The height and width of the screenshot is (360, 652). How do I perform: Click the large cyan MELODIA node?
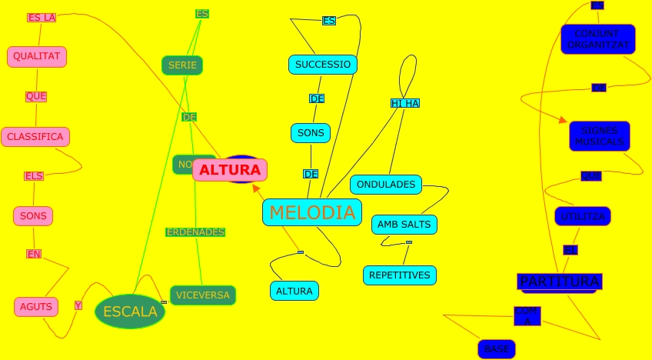click(312, 212)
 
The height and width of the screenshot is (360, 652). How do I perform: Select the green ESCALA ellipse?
click(130, 312)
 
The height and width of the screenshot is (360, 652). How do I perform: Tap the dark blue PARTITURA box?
click(559, 282)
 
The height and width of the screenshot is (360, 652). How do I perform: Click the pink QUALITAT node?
click(37, 56)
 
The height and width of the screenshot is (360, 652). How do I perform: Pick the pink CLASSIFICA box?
click(35, 137)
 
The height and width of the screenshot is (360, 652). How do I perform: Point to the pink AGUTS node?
click(36, 307)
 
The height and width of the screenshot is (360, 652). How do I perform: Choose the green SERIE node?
click(182, 65)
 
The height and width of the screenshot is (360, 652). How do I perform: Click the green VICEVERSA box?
click(202, 295)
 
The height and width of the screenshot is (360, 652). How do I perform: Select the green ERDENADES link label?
click(195, 232)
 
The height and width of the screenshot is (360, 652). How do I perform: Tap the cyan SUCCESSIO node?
click(323, 65)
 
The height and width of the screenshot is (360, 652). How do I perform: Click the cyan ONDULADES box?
click(386, 185)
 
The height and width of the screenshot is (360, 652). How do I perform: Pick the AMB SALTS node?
click(404, 225)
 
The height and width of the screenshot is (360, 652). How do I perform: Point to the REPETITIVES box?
click(399, 275)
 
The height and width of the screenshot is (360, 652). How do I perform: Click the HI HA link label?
click(405, 103)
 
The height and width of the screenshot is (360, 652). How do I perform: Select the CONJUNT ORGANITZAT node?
click(597, 39)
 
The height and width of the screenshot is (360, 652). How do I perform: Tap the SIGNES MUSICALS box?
click(599, 136)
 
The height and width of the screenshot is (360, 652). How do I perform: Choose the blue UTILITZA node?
click(583, 216)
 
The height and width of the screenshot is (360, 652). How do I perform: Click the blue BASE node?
click(497, 349)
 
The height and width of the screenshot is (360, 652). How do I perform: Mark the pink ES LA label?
click(42, 18)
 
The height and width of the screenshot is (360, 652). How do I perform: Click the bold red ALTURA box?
click(230, 170)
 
